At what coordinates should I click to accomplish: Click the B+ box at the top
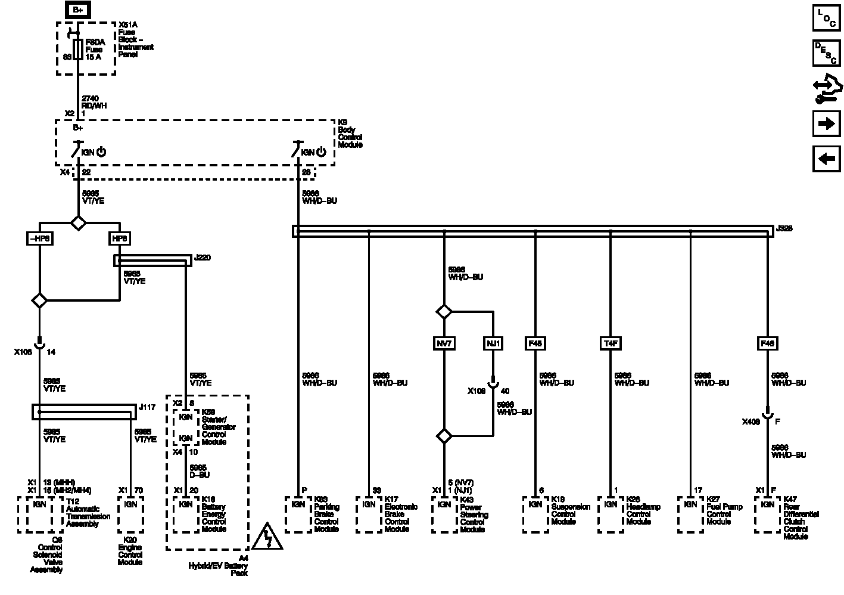coord(78,10)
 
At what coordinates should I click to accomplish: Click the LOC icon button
coord(827,18)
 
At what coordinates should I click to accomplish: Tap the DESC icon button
coord(827,53)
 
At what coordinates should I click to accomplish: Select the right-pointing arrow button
coord(827,123)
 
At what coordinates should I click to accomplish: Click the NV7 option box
coord(444,343)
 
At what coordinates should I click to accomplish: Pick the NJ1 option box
coord(493,343)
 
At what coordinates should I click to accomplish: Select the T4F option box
coord(611,343)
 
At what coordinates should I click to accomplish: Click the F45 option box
coord(535,343)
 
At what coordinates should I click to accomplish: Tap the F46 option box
coord(767,343)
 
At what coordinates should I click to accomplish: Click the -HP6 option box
coord(39,238)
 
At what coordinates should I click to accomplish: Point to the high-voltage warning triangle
coord(267,538)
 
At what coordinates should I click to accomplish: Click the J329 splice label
coord(784,228)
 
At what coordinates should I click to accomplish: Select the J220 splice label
coord(203,258)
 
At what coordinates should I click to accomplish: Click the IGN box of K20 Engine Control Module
coord(130,504)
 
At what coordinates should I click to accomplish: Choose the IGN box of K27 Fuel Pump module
coord(690,504)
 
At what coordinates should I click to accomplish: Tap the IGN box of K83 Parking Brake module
coord(298,504)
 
